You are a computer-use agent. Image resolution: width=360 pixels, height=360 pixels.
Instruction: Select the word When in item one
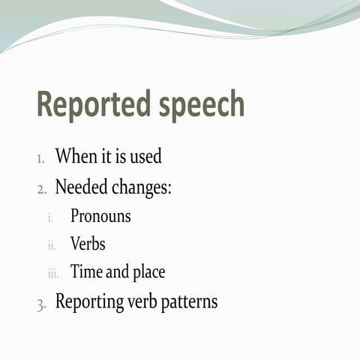(76, 157)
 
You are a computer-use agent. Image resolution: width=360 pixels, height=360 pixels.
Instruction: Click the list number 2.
(42, 189)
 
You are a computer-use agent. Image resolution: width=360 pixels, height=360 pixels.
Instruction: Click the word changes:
(142, 187)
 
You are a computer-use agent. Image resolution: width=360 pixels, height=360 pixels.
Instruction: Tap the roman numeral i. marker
(50, 217)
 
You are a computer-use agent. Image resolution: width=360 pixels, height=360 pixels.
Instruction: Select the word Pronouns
(100, 216)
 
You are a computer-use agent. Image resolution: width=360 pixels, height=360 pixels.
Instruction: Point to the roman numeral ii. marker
(52, 245)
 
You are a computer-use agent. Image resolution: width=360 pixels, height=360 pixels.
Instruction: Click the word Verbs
(88, 244)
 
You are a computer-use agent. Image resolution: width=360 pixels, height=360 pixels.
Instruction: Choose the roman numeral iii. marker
(52, 273)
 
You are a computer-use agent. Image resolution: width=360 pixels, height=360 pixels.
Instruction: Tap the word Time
(85, 271)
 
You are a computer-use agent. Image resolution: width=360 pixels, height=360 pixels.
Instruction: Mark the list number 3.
(42, 304)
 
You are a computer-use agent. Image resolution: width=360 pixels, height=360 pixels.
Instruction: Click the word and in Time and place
(117, 271)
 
